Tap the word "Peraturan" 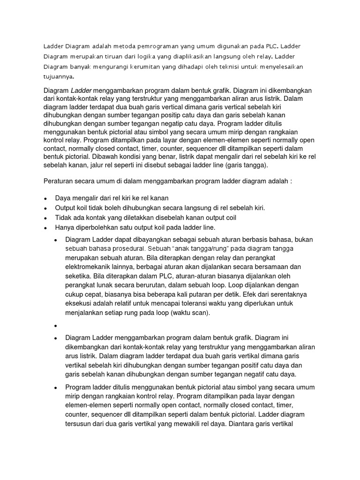point(60,181)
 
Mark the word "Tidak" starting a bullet point(64,217)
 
